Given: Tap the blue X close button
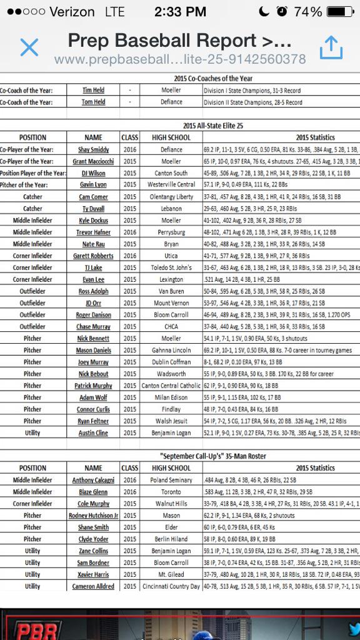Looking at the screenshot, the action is tap(29, 47).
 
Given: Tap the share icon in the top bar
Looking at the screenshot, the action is tap(331, 47).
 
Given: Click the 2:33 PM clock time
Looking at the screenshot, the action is tap(180, 12).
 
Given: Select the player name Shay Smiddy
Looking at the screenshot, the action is tap(93, 150).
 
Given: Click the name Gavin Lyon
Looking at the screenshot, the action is tap(93, 185).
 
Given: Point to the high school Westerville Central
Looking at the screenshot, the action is tap(171, 185).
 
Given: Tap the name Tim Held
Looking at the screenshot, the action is tap(93, 90).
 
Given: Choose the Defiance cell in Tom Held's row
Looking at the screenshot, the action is tap(171, 102).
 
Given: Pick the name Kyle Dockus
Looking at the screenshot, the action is tap(93, 221).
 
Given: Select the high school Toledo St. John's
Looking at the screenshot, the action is tap(171, 267).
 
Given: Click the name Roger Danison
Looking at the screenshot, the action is tap(93, 315).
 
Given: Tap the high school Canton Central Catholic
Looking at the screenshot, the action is tap(171, 386).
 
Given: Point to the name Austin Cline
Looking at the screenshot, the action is tap(93, 433).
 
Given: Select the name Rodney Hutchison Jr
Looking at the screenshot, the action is tap(93, 516).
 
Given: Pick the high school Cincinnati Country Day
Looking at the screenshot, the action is tap(171, 586).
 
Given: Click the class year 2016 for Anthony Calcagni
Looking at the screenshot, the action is tap(129, 480).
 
